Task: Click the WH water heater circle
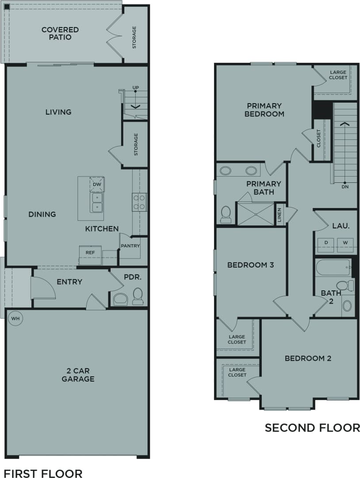pos(15,318)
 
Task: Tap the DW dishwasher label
pos(97,184)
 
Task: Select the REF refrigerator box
pos(90,252)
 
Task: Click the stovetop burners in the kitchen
pos(139,202)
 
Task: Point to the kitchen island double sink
pos(96,202)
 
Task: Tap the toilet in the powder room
pos(138,297)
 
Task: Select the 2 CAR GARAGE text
pos(78,375)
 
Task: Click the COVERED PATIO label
pos(60,34)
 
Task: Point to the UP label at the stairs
pos(135,88)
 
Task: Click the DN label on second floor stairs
pos(345,186)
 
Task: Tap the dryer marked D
pos(326,243)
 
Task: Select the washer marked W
pos(345,243)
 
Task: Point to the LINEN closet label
pos(279,215)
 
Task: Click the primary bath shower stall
pos(256,214)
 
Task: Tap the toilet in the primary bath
pos(226,214)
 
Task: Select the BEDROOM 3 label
pos(250,265)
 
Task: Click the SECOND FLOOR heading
pos(312,428)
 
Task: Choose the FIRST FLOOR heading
pos(43,473)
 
